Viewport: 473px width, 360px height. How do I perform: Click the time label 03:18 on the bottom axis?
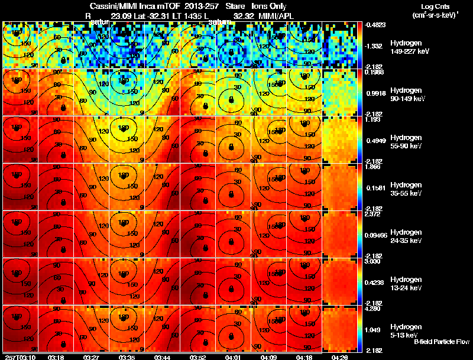(56, 357)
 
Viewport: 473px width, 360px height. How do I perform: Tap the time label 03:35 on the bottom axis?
(127, 357)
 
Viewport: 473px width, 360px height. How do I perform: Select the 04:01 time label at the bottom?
(234, 357)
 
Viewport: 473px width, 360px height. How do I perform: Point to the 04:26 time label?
(339, 357)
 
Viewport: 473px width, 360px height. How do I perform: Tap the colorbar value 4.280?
(373, 308)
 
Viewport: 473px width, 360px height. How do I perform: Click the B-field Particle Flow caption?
(442, 342)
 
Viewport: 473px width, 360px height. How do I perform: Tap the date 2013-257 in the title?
(194, 6)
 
